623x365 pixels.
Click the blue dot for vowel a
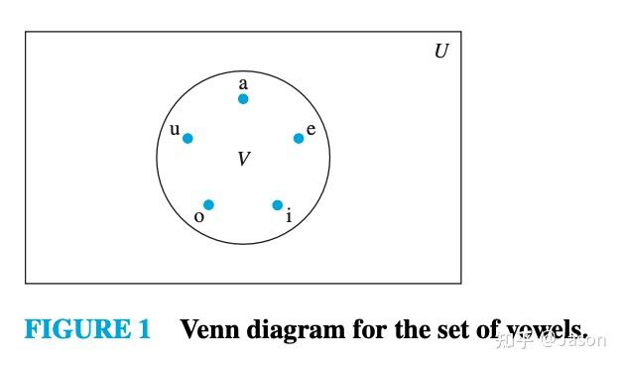coord(243,99)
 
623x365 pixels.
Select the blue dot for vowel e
coord(299,138)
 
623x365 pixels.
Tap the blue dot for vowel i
coord(278,205)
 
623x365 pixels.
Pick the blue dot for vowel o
coord(208,205)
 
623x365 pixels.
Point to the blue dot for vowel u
coord(187,138)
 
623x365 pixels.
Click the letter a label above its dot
coord(243,84)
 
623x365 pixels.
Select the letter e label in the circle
coord(311,129)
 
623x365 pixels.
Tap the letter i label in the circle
coord(289,216)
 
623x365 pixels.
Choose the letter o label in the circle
coord(199,216)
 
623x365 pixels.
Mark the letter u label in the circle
coord(175,129)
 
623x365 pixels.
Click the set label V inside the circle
coord(243,159)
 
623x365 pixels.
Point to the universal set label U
coord(441,51)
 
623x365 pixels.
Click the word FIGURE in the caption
coord(73,329)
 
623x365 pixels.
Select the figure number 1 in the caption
coord(143,329)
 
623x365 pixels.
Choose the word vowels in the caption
coord(547,329)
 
